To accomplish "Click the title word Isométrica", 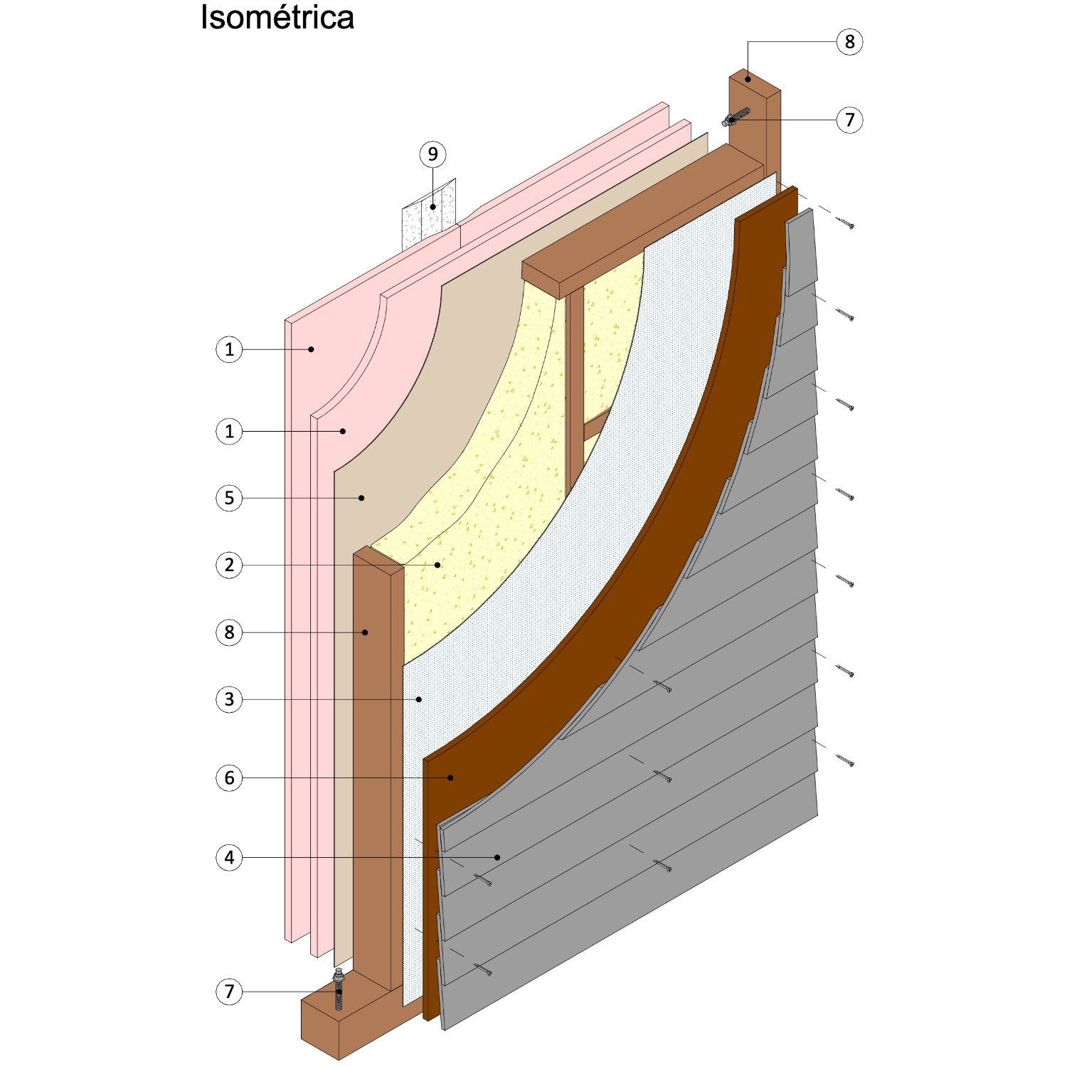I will tap(277, 17).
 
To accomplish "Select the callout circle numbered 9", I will tap(432, 154).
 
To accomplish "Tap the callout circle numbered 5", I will tap(229, 498).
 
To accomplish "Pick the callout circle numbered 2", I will tap(229, 566).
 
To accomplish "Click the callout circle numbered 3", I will tap(229, 699).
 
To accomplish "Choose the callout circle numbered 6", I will tap(229, 777).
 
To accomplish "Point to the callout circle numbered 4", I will tap(229, 857).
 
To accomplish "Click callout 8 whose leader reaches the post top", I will tap(849, 42).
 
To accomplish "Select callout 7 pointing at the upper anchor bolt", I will tap(849, 120).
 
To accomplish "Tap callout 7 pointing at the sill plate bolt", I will tap(229, 991).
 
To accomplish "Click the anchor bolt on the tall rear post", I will tap(736, 118).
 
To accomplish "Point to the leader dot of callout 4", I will tap(498, 857).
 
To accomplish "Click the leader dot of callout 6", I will tap(451, 777).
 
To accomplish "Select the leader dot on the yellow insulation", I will tap(438, 565).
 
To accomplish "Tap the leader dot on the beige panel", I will tap(361, 498).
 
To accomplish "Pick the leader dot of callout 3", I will tap(419, 699).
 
